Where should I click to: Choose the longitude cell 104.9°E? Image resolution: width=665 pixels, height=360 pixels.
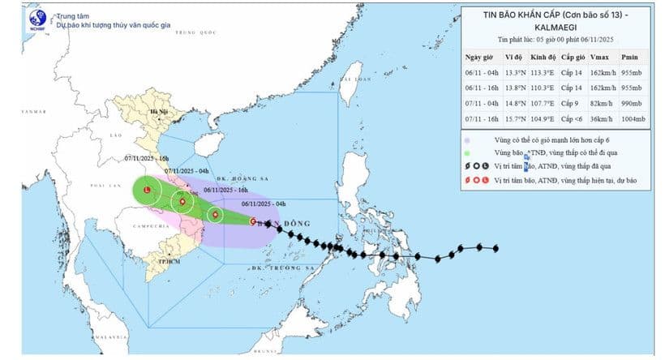point(541,120)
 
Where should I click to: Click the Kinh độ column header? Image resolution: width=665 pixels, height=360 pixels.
point(541,58)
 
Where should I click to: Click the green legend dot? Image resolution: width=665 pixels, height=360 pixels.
point(470,152)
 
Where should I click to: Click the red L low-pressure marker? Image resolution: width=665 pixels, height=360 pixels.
point(146,191)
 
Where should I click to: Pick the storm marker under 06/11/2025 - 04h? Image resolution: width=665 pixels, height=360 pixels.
point(254,220)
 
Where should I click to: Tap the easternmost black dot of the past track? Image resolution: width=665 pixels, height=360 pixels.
point(495,249)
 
